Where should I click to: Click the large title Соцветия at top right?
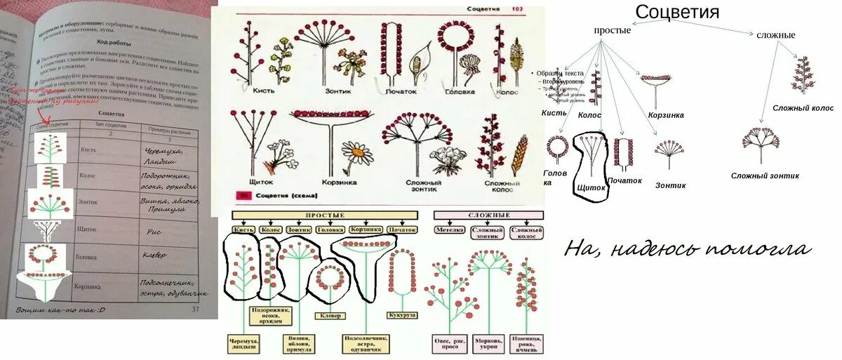click(677, 12)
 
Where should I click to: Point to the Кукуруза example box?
click(403, 316)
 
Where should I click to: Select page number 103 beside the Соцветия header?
click(518, 9)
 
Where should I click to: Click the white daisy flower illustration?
click(358, 152)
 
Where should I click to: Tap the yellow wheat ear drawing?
click(521, 156)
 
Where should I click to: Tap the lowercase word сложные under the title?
click(775, 34)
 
